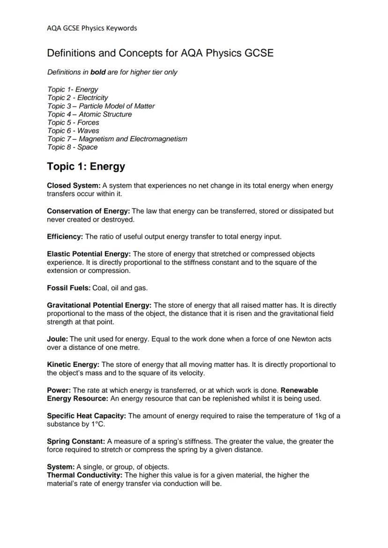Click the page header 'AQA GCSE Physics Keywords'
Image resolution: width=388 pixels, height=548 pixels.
click(x=92, y=28)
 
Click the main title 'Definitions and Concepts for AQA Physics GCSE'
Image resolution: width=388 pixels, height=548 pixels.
click(x=160, y=53)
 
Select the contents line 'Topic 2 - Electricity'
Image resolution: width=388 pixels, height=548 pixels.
click(x=77, y=98)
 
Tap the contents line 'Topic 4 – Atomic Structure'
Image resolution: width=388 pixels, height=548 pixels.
click(x=90, y=114)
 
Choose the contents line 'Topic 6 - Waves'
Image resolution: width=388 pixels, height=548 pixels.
click(x=73, y=131)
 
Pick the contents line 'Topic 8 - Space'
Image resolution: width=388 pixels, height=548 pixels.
click(x=72, y=147)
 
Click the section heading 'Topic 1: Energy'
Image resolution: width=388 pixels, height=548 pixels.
click(x=86, y=167)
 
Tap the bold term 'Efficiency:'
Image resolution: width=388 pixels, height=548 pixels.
click(x=65, y=236)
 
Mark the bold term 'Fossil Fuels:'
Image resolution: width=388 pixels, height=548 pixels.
click(x=68, y=288)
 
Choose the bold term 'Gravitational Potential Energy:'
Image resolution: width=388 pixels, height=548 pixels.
click(x=99, y=305)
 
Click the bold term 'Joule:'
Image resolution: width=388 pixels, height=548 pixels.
click(x=57, y=339)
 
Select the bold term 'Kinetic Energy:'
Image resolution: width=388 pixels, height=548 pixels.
click(x=73, y=365)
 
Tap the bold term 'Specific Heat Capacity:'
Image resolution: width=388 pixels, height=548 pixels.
click(x=86, y=416)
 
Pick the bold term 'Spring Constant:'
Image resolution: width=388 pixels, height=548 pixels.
click(x=76, y=441)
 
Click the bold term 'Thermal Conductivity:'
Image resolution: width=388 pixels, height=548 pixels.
click(x=84, y=475)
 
